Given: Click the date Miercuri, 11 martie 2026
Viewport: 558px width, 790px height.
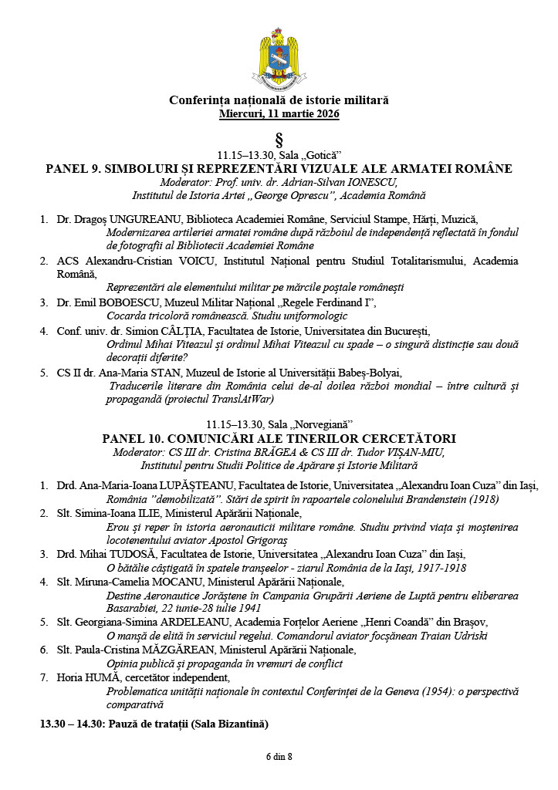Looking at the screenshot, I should pos(279,113).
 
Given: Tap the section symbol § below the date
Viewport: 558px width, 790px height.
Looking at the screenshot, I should pos(279,139).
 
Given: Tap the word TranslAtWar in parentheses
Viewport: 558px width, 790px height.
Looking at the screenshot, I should pos(245,400).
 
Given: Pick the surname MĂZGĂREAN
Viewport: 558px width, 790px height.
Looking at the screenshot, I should pos(208,650).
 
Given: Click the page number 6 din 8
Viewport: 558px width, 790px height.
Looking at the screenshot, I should pos(279,756).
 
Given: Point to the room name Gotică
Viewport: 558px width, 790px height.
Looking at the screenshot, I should pos(320,154).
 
